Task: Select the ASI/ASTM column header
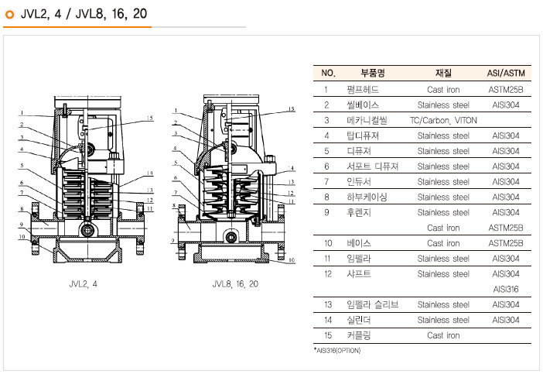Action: (x=506, y=74)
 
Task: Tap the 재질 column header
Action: (x=443, y=74)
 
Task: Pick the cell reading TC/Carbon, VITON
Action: (x=443, y=120)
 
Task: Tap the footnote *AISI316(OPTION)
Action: (x=337, y=351)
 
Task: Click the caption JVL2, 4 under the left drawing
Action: (x=83, y=284)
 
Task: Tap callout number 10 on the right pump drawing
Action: (x=292, y=261)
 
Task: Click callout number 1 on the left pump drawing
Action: (x=23, y=113)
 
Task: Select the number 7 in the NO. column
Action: (x=327, y=181)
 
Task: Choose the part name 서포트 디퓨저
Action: (x=372, y=166)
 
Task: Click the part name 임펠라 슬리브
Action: (x=372, y=304)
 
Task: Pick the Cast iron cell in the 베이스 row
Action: (x=443, y=243)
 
